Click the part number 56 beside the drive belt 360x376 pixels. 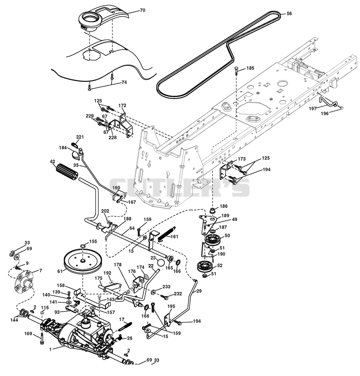[x=289, y=13]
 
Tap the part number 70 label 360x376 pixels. [x=143, y=10]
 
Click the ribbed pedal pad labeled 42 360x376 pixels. [x=67, y=171]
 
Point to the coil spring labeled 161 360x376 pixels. [x=167, y=233]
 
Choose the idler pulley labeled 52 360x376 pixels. [x=204, y=267]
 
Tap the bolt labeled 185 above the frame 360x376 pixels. [x=236, y=71]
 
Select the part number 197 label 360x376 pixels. [x=312, y=109]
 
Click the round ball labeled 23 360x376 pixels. [x=161, y=262]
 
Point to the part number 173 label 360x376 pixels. [x=242, y=159]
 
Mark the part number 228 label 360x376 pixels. [x=112, y=138]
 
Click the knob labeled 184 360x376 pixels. [x=75, y=155]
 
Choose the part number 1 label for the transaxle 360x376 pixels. [x=50, y=349]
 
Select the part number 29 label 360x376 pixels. [x=199, y=291]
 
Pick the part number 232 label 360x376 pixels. [x=178, y=294]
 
